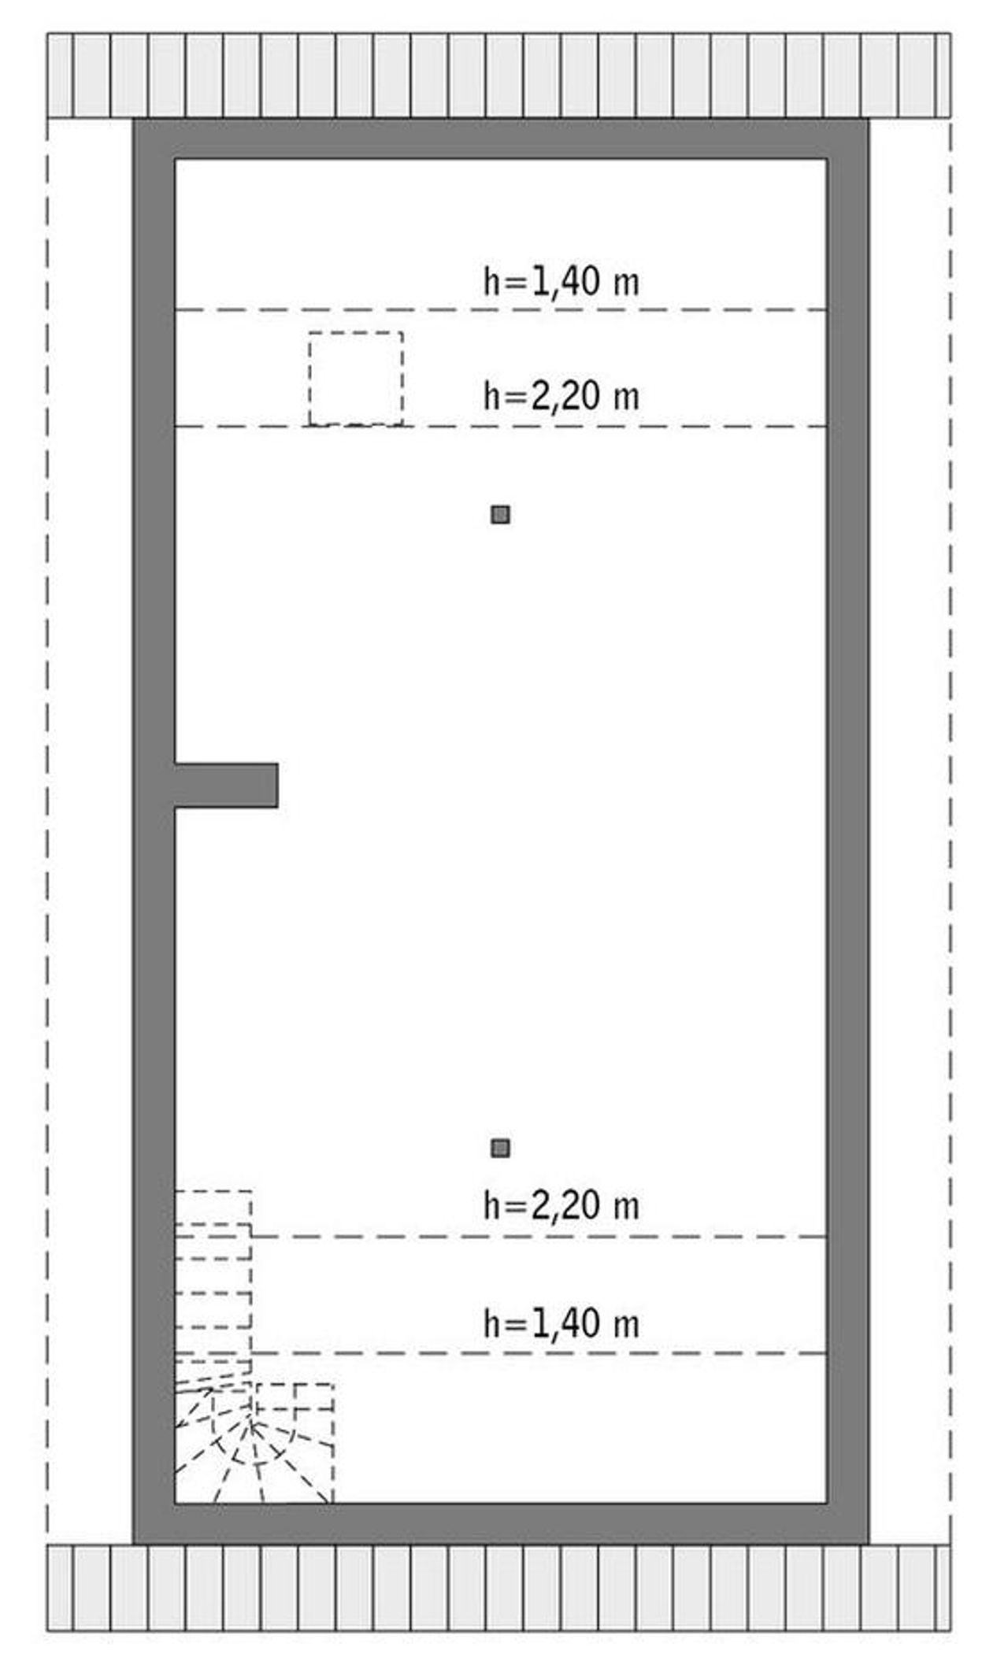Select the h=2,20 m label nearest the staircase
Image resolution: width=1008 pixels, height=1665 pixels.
click(561, 1205)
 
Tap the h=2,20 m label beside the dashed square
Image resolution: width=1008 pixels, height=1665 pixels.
click(561, 395)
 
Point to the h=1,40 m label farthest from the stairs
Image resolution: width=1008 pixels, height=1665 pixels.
click(561, 281)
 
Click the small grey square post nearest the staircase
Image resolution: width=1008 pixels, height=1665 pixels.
click(500, 1148)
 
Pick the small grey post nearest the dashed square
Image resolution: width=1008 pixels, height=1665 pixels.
click(500, 515)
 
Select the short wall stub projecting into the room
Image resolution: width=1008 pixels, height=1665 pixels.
click(226, 785)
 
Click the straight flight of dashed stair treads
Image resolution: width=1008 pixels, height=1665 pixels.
click(213, 1282)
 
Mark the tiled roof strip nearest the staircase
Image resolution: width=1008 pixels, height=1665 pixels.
click(498, 1588)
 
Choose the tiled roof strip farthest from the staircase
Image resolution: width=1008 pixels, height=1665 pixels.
click(498, 76)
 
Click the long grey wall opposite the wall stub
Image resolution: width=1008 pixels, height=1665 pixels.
click(848, 831)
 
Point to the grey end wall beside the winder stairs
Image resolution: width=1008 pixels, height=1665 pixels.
click(501, 1524)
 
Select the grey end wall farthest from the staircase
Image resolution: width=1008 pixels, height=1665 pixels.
click(501, 139)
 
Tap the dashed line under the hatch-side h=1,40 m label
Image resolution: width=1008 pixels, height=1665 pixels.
click(501, 310)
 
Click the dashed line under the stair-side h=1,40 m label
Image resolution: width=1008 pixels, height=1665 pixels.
click(501, 1353)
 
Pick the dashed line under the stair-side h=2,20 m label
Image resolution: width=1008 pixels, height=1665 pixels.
click(539, 1237)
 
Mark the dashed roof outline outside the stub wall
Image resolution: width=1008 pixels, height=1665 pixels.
click(47, 831)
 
